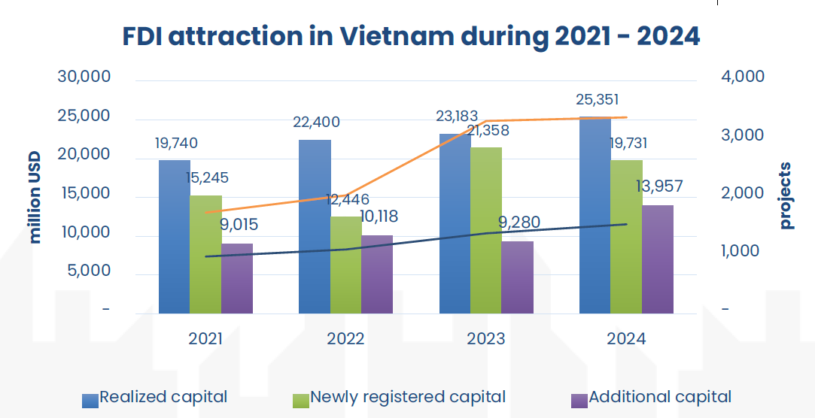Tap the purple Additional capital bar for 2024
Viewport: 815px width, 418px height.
(x=658, y=259)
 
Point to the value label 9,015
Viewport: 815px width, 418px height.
(x=236, y=224)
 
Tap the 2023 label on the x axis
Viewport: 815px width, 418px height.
(x=486, y=339)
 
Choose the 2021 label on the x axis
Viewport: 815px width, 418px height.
(x=205, y=339)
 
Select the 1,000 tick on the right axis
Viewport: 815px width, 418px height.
(x=742, y=251)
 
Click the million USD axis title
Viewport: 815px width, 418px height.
(x=35, y=197)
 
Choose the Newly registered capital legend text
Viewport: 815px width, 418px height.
(x=408, y=397)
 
